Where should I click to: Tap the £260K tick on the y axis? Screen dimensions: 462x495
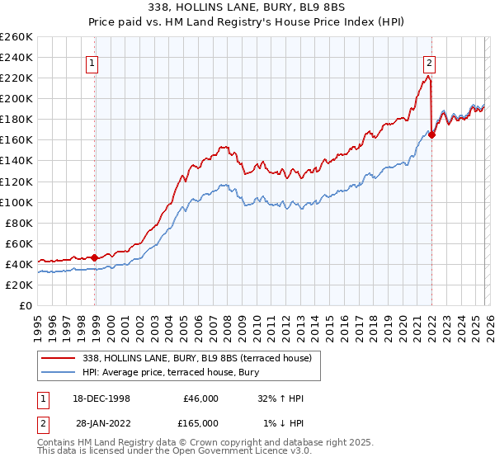point(16,37)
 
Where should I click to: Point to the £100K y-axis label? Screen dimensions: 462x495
point(16,202)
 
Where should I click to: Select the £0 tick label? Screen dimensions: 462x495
point(26,305)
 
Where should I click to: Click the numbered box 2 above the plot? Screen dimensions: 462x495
point(430,62)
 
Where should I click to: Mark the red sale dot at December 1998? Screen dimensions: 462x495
point(95,257)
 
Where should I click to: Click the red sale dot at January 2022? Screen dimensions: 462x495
point(431,135)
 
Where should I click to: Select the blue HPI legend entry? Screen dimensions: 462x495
point(168,373)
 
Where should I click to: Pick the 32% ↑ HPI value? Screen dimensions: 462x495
point(280,398)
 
